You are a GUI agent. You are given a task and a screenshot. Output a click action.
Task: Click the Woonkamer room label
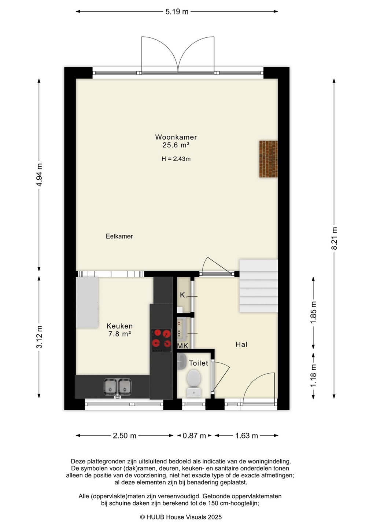pyautogui.click(x=176, y=137)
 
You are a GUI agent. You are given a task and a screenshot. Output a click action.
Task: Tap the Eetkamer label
pyautogui.click(x=119, y=236)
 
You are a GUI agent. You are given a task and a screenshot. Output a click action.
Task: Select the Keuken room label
pyautogui.click(x=119, y=326)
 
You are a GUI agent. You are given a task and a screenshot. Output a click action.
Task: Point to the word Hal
pyautogui.click(x=241, y=345)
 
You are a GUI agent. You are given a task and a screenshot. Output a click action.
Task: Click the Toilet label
pyautogui.click(x=199, y=363)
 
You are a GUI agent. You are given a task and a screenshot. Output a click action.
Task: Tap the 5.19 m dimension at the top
pyautogui.click(x=177, y=12)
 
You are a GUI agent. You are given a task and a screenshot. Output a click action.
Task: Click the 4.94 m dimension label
pyautogui.click(x=39, y=175)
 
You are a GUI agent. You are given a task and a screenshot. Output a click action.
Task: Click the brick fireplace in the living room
pyautogui.click(x=269, y=159)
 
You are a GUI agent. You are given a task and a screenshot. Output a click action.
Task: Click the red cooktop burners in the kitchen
pyautogui.click(x=161, y=340)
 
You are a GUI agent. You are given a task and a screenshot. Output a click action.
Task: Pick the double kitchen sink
pyautogui.click(x=118, y=387)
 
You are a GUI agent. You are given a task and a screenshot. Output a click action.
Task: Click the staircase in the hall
pyautogui.click(x=259, y=286)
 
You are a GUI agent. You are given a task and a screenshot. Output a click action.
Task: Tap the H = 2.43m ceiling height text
pyautogui.click(x=176, y=159)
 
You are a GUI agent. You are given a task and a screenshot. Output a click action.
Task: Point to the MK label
pyautogui.click(x=183, y=346)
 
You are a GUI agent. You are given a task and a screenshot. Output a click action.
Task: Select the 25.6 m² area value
pyautogui.click(x=176, y=145)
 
